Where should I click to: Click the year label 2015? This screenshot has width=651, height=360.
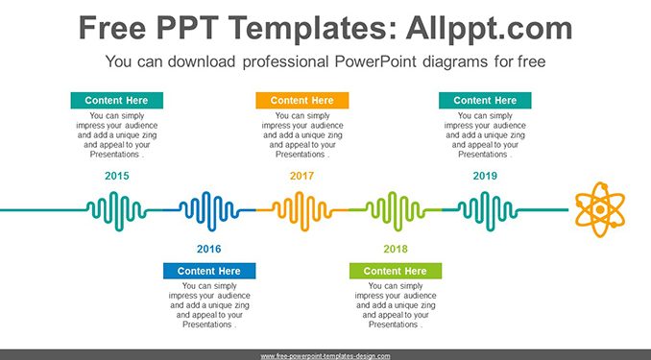point(117,176)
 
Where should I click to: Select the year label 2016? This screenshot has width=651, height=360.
point(208,249)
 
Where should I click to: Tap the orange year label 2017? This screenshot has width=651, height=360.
point(301,176)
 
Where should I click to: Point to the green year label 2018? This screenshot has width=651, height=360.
point(396,249)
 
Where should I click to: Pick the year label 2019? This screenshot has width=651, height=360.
point(485,176)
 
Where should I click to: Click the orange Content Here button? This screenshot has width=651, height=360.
point(302,101)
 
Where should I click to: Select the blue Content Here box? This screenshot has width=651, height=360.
point(209,271)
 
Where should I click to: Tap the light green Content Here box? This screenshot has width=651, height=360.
point(396,271)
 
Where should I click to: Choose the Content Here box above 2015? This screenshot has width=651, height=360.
point(117,101)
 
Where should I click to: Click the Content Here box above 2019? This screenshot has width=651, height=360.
point(485,101)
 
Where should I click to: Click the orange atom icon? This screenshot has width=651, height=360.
point(600,209)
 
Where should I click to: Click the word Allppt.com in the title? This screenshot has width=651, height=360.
point(489,29)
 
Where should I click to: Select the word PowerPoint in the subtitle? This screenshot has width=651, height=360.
point(375,61)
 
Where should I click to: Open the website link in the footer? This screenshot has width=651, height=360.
point(325,356)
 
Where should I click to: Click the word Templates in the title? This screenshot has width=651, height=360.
point(311,29)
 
